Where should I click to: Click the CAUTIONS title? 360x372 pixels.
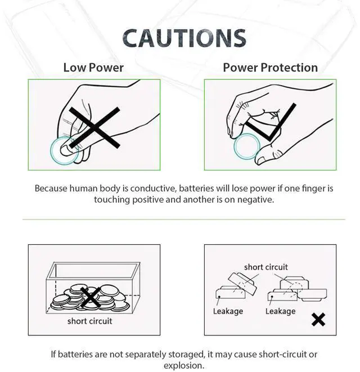(x=184, y=38)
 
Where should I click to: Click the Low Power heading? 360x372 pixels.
(x=93, y=68)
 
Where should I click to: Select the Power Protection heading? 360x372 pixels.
(x=271, y=68)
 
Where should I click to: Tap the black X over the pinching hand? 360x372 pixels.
(x=94, y=128)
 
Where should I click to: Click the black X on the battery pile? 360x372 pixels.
(x=91, y=297)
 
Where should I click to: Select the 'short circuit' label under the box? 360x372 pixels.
(x=89, y=321)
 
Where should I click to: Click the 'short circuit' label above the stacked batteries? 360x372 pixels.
(x=266, y=267)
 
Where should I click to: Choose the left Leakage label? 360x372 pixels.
(x=228, y=311)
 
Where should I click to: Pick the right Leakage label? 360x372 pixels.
(x=280, y=311)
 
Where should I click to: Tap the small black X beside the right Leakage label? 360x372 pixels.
(x=318, y=320)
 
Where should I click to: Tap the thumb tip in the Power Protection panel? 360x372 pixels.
(x=261, y=159)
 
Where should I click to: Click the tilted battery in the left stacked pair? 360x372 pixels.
(x=242, y=284)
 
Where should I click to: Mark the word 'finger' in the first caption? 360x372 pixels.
(x=313, y=189)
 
